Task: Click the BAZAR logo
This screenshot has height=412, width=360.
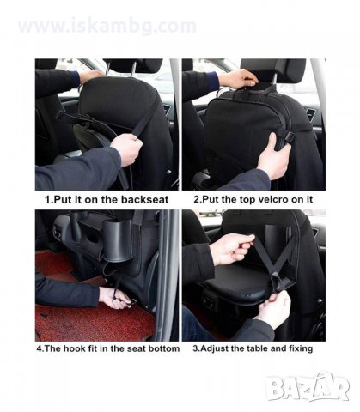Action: point(308,386)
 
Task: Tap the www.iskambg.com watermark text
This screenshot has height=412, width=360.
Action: point(107,27)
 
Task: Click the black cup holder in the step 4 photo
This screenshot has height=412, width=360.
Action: point(118,239)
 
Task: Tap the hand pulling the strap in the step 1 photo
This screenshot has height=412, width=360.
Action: point(128,149)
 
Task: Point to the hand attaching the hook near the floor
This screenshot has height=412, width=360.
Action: point(114,298)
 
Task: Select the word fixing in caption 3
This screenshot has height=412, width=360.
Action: point(301,348)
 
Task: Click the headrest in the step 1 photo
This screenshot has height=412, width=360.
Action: point(132,66)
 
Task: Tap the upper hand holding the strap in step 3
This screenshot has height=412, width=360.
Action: point(232,249)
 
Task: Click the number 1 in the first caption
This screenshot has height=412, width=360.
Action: point(48,199)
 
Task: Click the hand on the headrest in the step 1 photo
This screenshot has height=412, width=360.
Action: point(91,76)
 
